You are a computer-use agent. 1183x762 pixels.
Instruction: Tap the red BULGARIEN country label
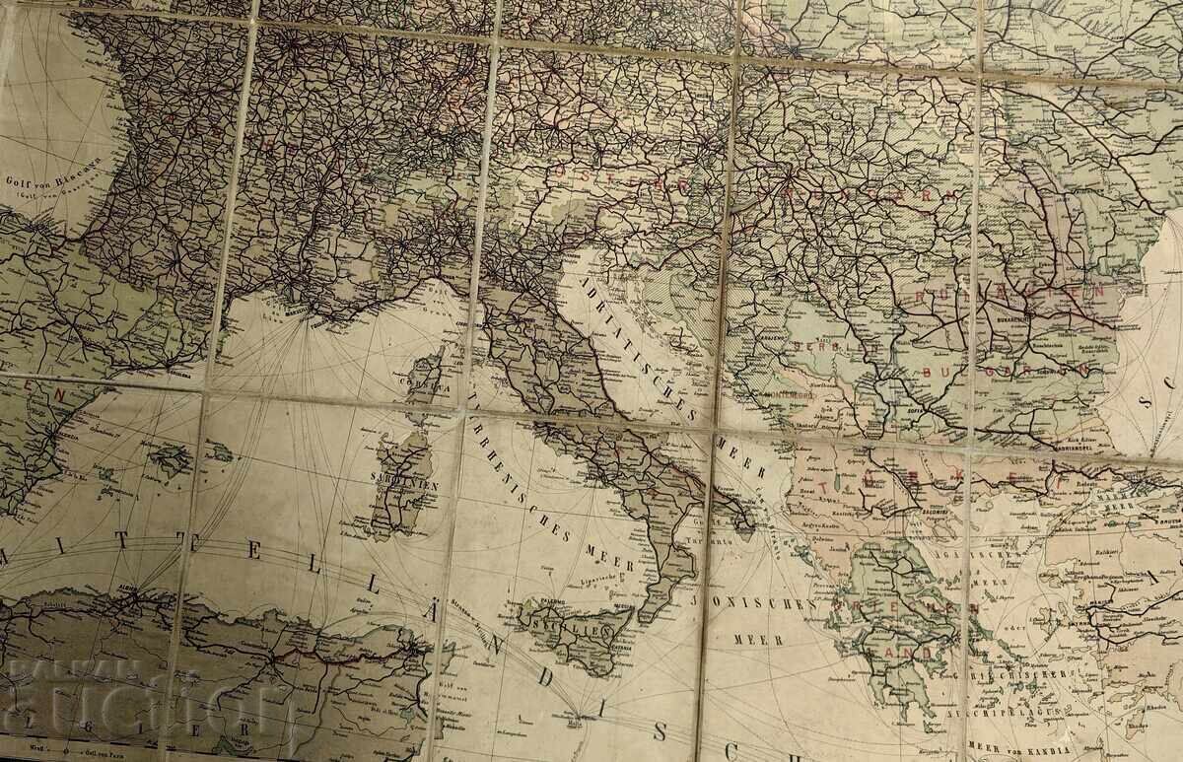(1006, 372)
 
